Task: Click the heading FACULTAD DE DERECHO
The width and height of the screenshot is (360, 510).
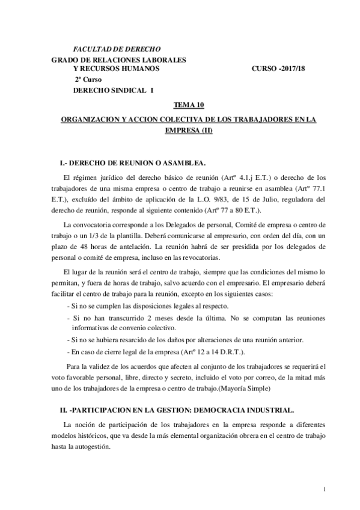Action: [x=116, y=48]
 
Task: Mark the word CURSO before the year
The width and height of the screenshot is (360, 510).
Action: [x=265, y=69]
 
